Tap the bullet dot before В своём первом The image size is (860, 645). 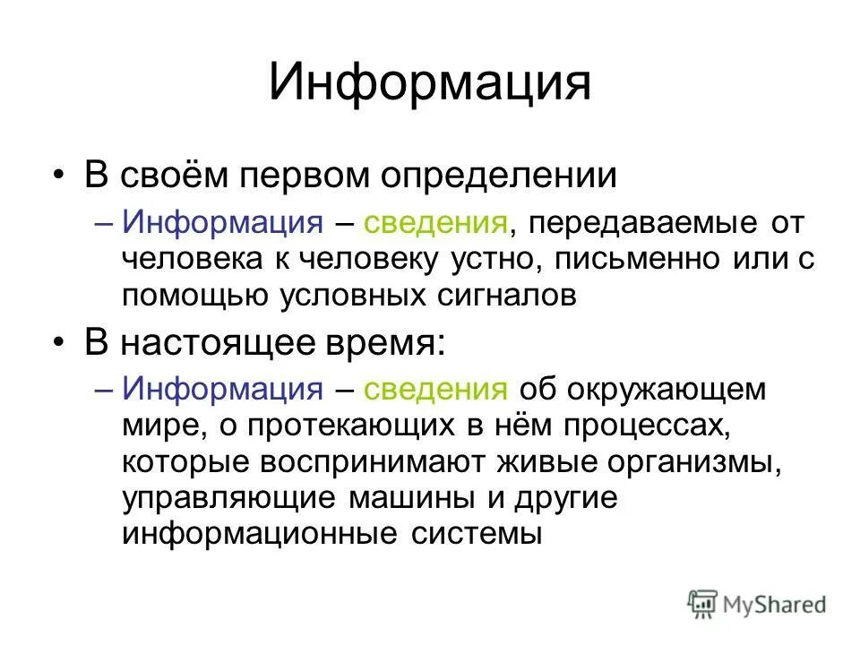tap(59, 175)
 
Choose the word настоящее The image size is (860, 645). tap(220, 343)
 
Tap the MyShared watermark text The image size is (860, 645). tap(775, 606)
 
